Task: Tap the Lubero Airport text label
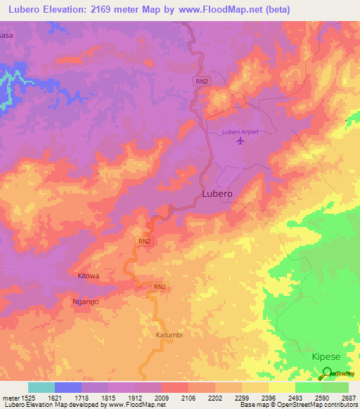coord(240,131)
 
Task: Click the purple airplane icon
coord(241,141)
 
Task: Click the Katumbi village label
coord(169,335)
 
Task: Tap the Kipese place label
coord(326,357)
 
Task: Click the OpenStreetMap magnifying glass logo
coord(328,375)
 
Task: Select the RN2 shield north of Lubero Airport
coord(202,82)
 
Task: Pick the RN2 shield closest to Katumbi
coord(160,287)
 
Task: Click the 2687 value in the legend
coord(348,398)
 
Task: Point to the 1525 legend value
coord(28,398)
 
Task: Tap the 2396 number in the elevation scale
coord(269,398)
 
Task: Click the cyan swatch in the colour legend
coord(41,387)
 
